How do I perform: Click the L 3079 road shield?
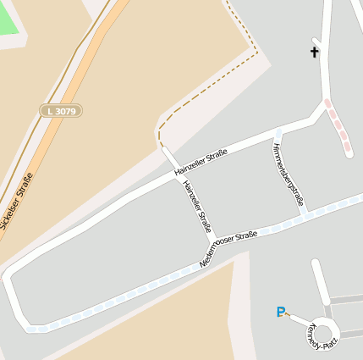61,110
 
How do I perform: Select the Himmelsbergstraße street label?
288,174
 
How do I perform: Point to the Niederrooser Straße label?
228,249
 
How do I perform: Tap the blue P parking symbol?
281,312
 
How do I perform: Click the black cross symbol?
315,53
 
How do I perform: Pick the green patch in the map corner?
8,16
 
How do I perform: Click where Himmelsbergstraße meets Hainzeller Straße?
277,134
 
